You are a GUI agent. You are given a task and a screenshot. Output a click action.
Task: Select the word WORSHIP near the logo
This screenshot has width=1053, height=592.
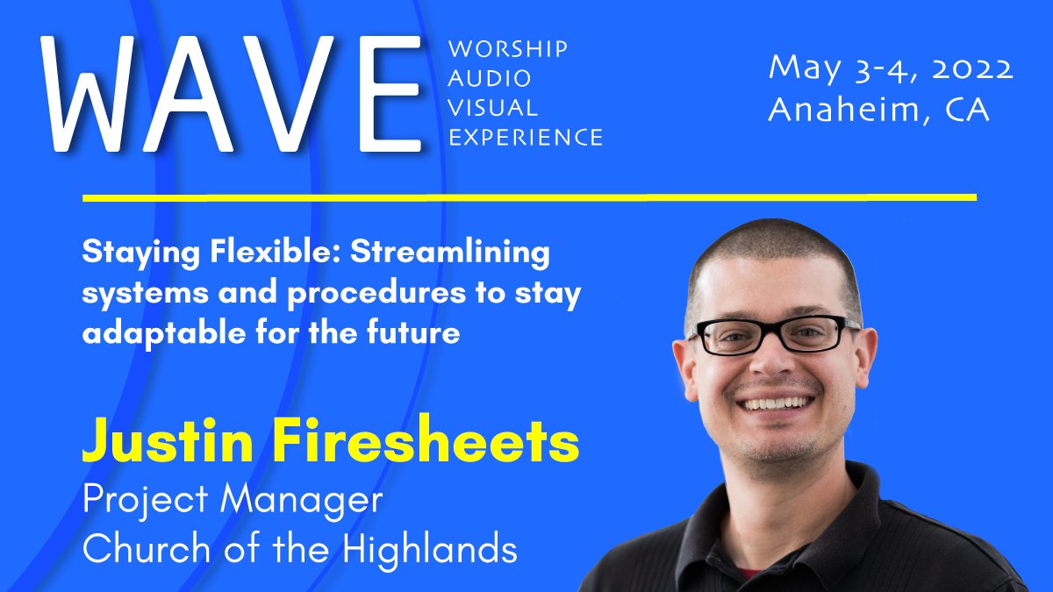(507, 49)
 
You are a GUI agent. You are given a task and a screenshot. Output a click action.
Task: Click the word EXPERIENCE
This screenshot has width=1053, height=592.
(525, 138)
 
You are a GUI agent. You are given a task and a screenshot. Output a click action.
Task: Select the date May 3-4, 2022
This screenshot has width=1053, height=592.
(890, 68)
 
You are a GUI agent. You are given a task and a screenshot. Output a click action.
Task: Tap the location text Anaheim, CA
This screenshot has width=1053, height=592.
(878, 110)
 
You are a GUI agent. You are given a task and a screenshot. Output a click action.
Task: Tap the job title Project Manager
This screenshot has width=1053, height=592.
(233, 500)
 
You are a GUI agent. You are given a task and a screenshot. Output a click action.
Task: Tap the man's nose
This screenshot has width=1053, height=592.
(772, 368)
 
